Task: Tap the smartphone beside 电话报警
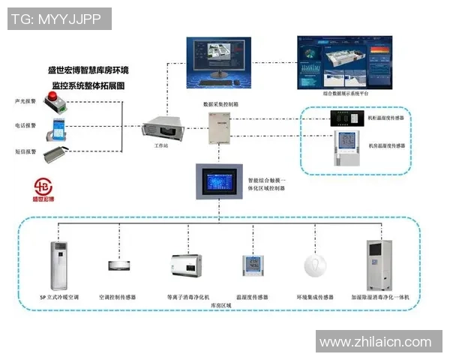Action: tap(56, 127)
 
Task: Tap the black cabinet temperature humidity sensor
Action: tap(347, 118)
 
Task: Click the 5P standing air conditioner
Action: tap(59, 265)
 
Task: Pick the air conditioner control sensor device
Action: tap(119, 265)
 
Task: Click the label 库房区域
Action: tap(218, 307)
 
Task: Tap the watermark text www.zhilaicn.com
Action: tap(375, 343)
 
